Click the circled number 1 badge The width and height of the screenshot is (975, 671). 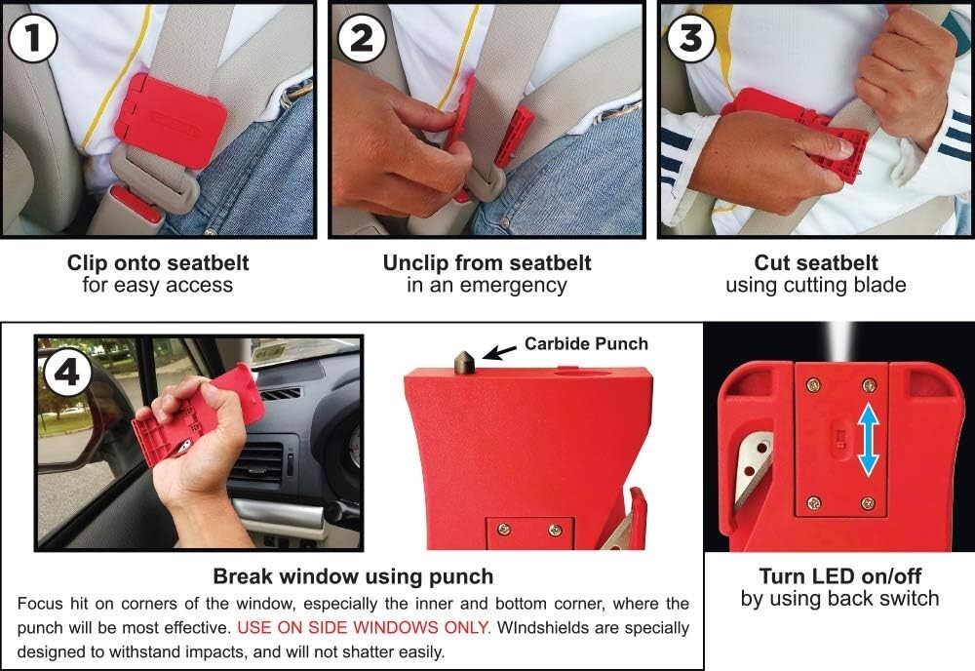(32, 38)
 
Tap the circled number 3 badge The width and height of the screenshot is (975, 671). (690, 38)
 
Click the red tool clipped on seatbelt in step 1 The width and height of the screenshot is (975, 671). (170, 119)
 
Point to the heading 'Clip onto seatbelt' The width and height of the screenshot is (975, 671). (158, 263)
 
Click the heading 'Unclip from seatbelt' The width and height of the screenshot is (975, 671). (487, 263)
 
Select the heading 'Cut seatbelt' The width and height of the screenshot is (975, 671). (816, 263)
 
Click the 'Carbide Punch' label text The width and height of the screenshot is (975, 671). (586, 343)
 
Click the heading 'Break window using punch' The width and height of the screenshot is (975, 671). (353, 575)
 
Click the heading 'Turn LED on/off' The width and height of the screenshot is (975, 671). (839, 575)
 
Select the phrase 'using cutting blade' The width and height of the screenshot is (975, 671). (816, 286)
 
